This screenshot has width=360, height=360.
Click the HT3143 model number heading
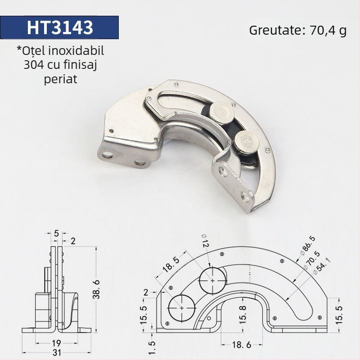pyautogui.click(x=60, y=27)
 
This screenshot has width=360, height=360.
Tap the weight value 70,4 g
pyautogui.click(x=328, y=31)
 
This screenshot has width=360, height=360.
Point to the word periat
pyautogui.click(x=60, y=80)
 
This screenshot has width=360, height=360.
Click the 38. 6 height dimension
pyautogui.click(x=96, y=289)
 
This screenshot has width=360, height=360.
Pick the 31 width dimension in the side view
pyautogui.click(x=57, y=353)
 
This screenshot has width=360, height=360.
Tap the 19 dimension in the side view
pyautogui.click(x=56, y=343)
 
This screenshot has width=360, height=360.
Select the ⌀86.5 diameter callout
pyautogui.click(x=308, y=246)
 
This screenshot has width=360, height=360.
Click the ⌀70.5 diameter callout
pyautogui.click(x=311, y=260)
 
